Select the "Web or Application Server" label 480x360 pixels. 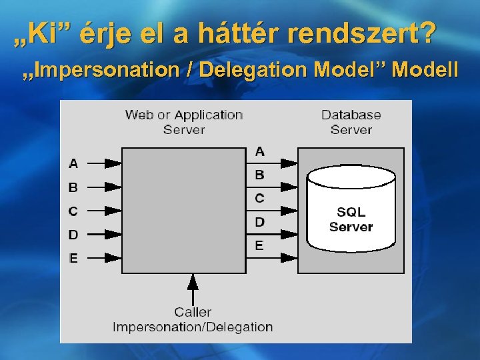pos(183,121)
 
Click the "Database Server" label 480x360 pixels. pos(351,121)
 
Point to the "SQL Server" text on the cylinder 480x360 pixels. pos(351,219)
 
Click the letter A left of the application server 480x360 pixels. pos(73,163)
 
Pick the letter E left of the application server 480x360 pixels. pos(73,258)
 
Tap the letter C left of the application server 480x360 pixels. pos(73,211)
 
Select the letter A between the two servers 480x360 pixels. pos(259,151)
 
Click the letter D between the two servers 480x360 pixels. pos(259,221)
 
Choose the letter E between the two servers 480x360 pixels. pos(259,245)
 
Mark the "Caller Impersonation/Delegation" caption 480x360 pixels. pos(193,319)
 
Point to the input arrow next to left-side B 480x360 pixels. pos(104,187)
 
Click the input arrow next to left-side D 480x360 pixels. pos(104,234)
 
